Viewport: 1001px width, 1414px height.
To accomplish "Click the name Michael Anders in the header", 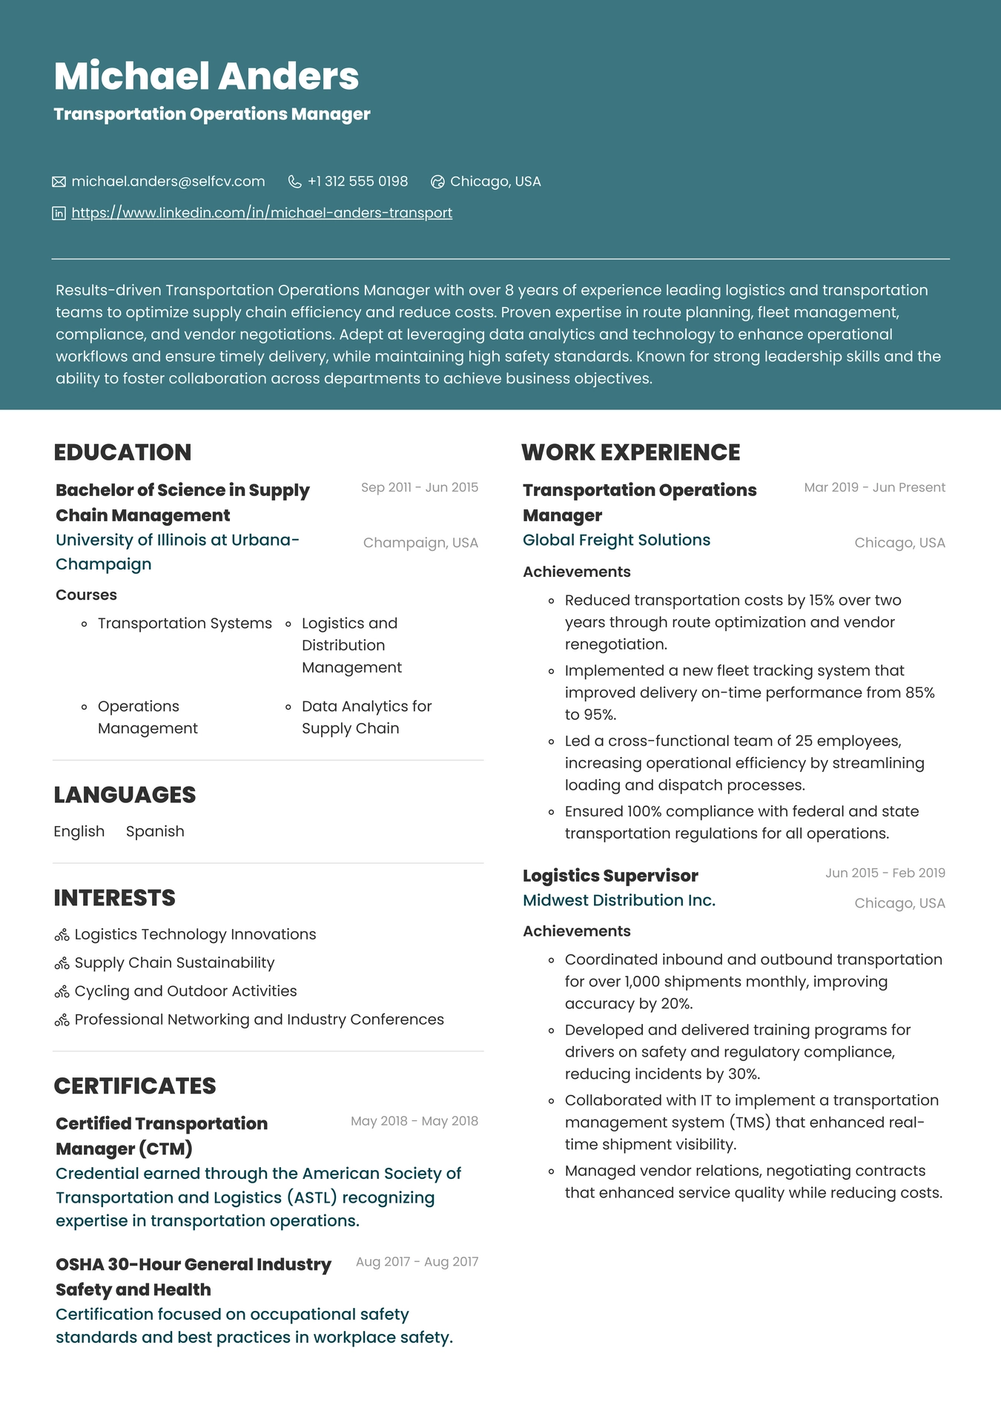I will tap(206, 76).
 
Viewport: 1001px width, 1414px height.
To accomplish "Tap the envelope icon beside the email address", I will tap(59, 182).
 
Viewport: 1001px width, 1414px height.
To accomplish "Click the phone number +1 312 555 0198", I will tap(357, 182).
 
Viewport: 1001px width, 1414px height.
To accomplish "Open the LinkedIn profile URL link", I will tap(262, 213).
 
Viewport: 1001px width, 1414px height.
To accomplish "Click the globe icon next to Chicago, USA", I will tap(437, 182).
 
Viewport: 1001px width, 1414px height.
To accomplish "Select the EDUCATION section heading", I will tap(122, 452).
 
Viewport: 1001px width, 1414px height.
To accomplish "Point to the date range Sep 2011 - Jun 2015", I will tap(419, 487).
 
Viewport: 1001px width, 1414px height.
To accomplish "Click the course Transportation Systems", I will tap(185, 624).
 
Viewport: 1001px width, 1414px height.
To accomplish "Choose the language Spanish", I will tap(155, 831).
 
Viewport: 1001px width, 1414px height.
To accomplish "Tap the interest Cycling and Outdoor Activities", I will tap(185, 991).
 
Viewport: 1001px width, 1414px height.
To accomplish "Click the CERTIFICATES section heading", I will tap(135, 1086).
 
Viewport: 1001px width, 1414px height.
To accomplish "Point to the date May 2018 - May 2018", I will tap(414, 1121).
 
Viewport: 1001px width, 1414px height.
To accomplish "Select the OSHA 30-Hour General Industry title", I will tap(193, 1265).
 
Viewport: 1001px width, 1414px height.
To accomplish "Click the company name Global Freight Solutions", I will tap(616, 541).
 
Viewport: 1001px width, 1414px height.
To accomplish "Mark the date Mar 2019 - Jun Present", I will tap(874, 487).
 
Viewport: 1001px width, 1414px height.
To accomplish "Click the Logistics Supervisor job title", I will tap(610, 876).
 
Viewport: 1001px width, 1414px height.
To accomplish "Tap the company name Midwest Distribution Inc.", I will tap(619, 901).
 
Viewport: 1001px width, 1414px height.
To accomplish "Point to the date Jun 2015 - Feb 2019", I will tap(885, 873).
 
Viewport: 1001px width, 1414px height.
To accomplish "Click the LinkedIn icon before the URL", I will tap(59, 214).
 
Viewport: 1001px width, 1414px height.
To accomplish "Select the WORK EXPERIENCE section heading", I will tap(630, 452).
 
